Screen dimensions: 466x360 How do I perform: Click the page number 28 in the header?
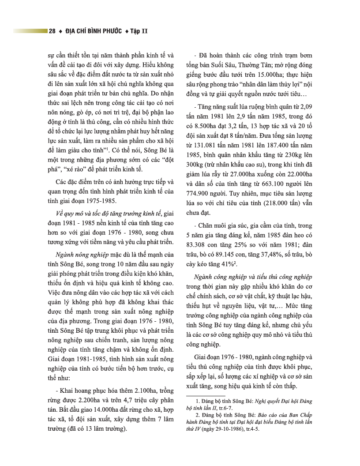[52, 31]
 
